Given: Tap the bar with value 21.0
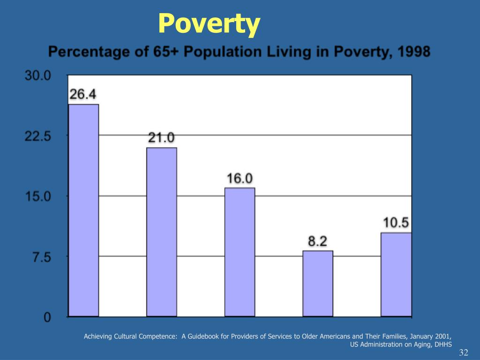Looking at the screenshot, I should click(x=162, y=232).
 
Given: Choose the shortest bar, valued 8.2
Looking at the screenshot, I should click(x=318, y=284).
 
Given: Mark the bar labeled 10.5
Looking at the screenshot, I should click(x=396, y=274).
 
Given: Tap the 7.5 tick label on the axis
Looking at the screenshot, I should click(x=41, y=257).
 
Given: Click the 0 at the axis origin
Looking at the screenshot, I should click(x=47, y=317).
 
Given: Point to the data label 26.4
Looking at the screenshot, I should click(x=83, y=94).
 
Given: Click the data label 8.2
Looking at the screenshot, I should click(x=317, y=241).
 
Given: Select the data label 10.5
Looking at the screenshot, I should click(x=396, y=223).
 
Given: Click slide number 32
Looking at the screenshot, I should click(x=464, y=353).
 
